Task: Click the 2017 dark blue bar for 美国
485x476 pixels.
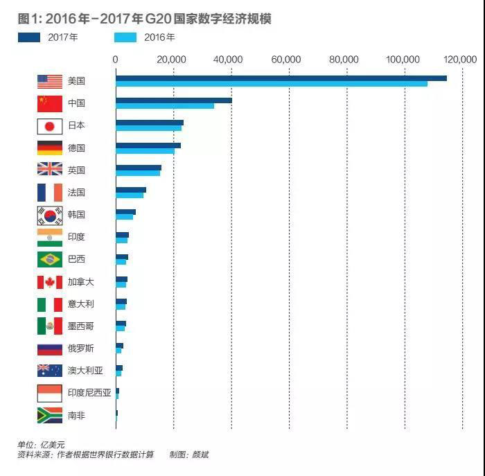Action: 281,78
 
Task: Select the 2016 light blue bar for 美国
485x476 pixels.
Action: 271,84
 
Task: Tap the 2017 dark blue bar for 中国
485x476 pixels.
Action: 173,100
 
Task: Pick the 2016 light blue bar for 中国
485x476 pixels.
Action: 164,106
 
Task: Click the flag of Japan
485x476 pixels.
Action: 50,126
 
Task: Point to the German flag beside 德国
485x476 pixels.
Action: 50,148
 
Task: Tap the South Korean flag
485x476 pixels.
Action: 50,215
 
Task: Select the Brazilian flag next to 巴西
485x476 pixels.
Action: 50,259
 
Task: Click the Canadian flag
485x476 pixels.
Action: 50,282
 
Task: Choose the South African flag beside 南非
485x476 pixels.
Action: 50,416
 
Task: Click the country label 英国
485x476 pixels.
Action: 76,170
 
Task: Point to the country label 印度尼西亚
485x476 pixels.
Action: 89,393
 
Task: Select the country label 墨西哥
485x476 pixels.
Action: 81,326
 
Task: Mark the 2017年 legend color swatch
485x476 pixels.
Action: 30,37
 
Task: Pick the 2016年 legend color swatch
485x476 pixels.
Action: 125,37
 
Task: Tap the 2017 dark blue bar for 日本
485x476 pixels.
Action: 149,123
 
